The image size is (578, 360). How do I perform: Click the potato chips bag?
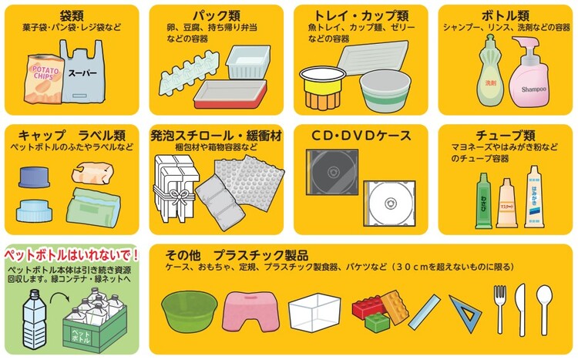click(x=43, y=79)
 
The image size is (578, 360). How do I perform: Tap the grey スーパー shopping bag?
click(x=83, y=72)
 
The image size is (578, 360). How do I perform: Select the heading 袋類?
click(x=72, y=15)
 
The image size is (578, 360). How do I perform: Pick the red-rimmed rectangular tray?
click(x=230, y=94)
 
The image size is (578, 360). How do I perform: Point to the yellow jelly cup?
click(x=323, y=87)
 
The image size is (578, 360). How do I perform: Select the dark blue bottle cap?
click(x=34, y=177)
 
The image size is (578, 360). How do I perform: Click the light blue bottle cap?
click(x=34, y=211)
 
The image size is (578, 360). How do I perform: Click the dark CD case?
click(x=331, y=172)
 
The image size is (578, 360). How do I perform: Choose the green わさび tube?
click(x=484, y=201)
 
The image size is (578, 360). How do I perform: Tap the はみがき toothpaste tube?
click(x=534, y=197)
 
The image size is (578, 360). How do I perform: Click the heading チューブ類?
click(x=505, y=136)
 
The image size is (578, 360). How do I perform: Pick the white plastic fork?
click(x=500, y=309)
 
